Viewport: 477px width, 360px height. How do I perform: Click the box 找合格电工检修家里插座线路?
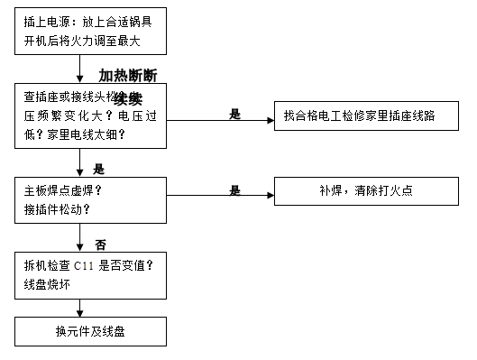tap(369, 116)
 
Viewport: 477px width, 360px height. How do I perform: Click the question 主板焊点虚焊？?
tap(63, 191)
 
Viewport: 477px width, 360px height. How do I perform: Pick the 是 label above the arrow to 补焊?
tap(235, 190)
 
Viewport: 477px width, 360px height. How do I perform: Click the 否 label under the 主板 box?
tap(100, 244)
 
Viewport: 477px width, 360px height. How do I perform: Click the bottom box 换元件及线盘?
tap(90, 331)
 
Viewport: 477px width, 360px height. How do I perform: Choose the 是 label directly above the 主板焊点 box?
tap(99, 168)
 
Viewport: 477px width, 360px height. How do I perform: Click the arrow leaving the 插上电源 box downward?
tap(80, 68)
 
